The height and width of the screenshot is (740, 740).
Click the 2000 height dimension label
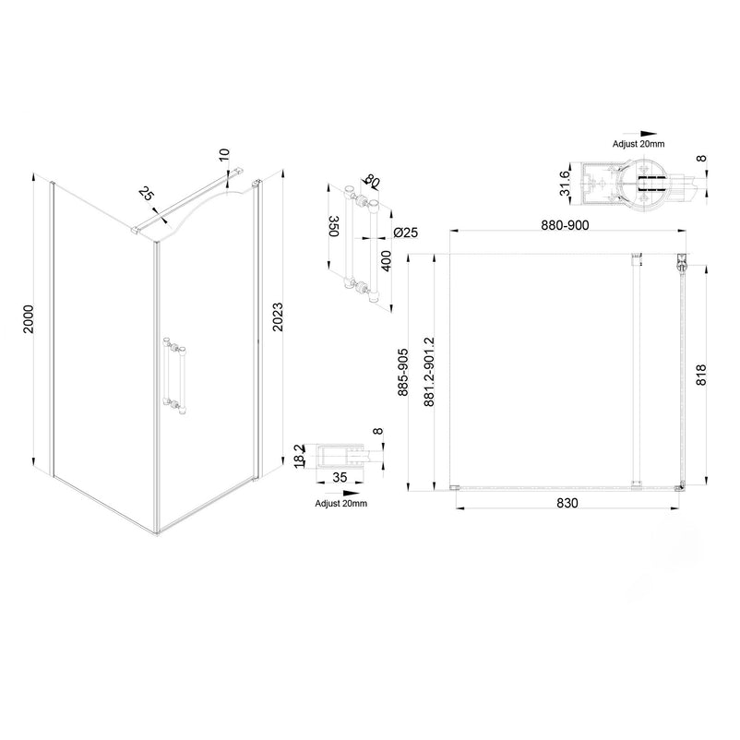30,319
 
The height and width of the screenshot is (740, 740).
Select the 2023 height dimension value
278,316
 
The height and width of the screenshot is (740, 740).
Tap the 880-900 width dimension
565,225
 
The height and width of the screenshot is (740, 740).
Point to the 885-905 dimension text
402,372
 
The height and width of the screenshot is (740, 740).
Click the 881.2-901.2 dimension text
429,372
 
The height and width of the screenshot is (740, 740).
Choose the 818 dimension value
701,375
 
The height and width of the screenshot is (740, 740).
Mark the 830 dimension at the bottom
567,503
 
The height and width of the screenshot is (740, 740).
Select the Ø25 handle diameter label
405,233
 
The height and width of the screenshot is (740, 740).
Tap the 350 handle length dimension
334,226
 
